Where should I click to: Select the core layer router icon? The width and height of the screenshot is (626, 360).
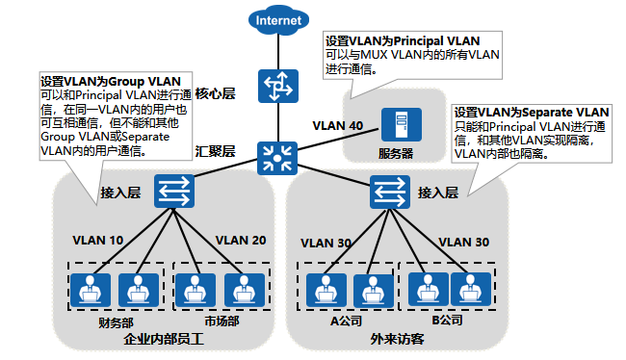point(281,89)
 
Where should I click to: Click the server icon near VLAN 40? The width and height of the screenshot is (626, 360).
point(394,126)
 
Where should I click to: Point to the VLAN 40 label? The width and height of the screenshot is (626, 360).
point(337,126)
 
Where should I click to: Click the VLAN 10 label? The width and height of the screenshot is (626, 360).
point(97,239)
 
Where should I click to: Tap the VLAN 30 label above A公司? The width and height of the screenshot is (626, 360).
point(326,242)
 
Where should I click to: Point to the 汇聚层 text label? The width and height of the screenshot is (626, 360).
point(215,151)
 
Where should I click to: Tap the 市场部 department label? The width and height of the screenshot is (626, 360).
point(219,321)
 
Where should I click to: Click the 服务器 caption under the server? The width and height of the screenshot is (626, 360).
point(396,152)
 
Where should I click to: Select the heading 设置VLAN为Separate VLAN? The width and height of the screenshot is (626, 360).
point(532,112)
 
